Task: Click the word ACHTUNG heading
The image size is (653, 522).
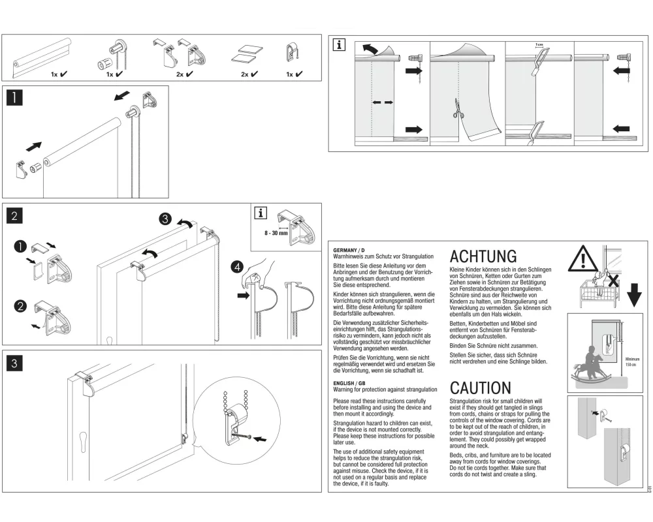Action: pyautogui.click(x=483, y=256)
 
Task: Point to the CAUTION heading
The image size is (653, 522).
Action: pyautogui.click(x=481, y=388)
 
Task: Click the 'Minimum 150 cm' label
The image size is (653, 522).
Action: pyautogui.click(x=631, y=361)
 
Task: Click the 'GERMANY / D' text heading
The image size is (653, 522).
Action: pyautogui.click(x=349, y=250)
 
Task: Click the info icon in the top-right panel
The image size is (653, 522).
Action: pyautogui.click(x=340, y=44)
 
